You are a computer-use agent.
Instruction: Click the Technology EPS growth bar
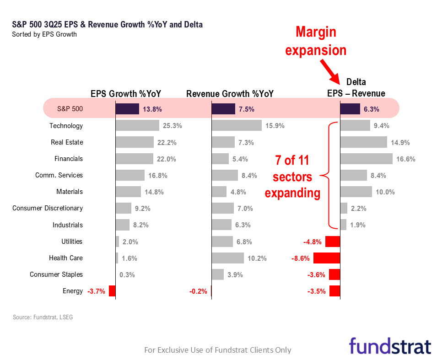(x=137, y=125)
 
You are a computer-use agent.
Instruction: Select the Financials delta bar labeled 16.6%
(x=367, y=159)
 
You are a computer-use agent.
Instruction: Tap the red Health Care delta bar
(x=333, y=258)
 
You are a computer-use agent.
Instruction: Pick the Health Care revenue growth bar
(x=228, y=258)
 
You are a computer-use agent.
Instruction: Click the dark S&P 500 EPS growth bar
(x=127, y=109)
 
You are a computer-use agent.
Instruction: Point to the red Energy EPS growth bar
(x=112, y=291)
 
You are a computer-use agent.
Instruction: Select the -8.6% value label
(x=301, y=258)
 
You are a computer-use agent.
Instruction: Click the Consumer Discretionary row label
(x=48, y=208)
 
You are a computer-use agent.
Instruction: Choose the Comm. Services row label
(x=59, y=175)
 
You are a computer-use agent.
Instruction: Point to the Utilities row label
(x=72, y=242)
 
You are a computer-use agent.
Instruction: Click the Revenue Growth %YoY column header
(x=230, y=94)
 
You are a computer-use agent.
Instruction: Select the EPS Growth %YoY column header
(x=126, y=94)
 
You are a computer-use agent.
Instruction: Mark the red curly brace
(x=331, y=175)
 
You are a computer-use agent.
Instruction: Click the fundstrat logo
(x=390, y=346)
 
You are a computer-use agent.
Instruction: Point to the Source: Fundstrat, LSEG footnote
(x=43, y=317)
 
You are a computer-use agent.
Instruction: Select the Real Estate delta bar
(x=364, y=142)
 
